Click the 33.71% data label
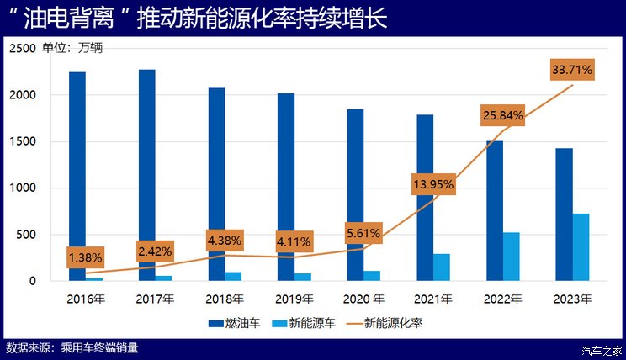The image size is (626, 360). tap(572, 70)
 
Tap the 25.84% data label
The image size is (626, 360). tap(503, 115)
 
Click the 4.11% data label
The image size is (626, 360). tap(294, 242)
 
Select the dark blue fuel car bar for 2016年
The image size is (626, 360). tap(77, 176)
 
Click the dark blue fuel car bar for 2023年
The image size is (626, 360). tap(564, 214)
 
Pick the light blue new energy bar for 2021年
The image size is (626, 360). tap(442, 267)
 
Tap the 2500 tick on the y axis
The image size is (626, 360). tap(23, 49)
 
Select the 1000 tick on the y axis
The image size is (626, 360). tap(23, 188)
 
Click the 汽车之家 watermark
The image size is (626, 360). tap(602, 349)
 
